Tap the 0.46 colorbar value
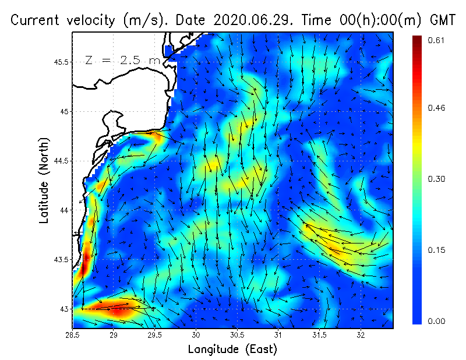click(x=437, y=108)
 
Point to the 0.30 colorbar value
click(x=437, y=179)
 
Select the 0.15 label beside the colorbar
click(x=437, y=250)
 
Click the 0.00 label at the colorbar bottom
click(x=437, y=321)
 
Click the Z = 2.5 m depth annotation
click(x=122, y=60)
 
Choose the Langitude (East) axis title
click(x=232, y=350)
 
